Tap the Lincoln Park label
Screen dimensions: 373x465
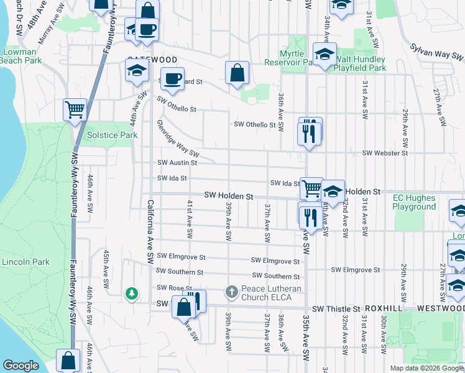[25, 262]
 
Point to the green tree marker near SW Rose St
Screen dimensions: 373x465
[131, 293]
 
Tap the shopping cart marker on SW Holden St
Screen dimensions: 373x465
[311, 187]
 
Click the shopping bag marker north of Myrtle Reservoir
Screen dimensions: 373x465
[237, 73]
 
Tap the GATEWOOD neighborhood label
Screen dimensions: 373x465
[152, 59]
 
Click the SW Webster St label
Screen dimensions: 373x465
[385, 153]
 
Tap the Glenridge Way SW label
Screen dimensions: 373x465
[178, 138]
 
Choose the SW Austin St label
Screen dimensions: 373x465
[177, 163]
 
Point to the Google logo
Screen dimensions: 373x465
[21, 365]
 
